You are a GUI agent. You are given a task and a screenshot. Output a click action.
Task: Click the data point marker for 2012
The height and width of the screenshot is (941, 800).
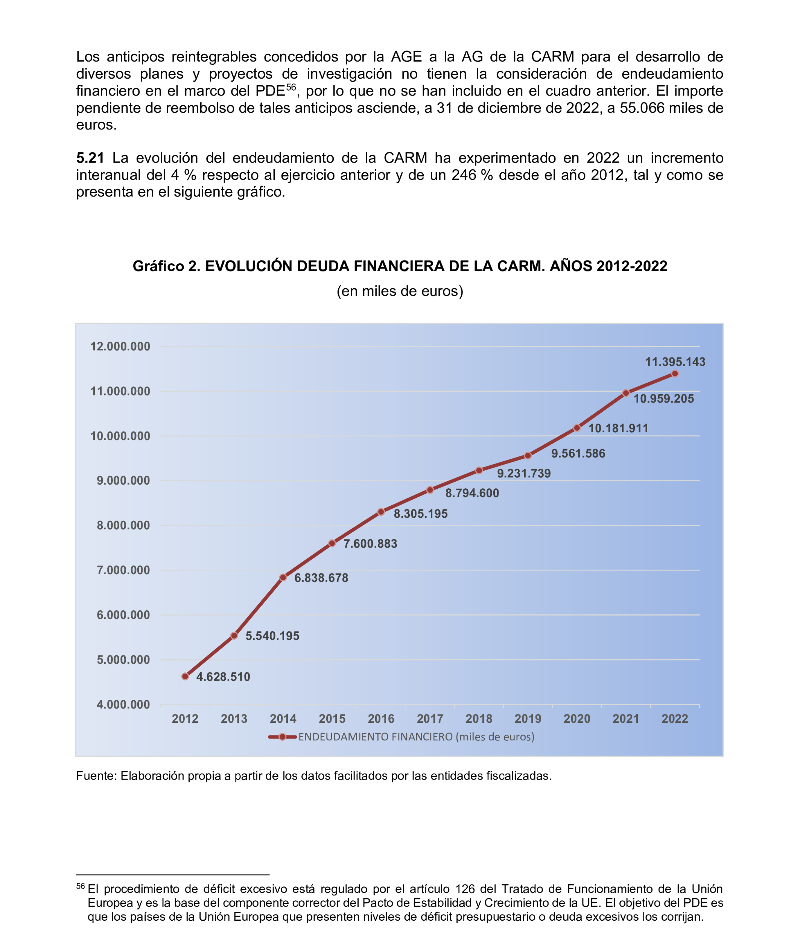[185, 676]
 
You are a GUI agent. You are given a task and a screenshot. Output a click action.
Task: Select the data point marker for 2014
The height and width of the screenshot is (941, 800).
[283, 577]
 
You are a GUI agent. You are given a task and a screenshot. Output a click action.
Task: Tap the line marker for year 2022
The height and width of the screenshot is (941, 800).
[675, 373]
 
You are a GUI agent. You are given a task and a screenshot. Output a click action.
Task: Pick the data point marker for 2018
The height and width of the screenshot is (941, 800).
[479, 470]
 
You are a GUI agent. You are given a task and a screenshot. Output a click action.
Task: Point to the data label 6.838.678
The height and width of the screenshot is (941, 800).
[321, 578]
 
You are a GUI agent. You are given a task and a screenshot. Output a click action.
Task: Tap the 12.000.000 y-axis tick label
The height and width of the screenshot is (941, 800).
[120, 347]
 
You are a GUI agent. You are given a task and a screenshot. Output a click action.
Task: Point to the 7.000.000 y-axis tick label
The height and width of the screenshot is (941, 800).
[123, 570]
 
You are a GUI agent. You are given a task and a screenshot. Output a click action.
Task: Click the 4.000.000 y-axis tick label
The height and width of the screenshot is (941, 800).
[123, 704]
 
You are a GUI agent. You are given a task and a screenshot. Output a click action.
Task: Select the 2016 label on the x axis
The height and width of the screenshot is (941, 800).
[381, 718]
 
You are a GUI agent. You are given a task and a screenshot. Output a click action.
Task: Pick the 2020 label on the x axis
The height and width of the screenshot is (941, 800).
[577, 718]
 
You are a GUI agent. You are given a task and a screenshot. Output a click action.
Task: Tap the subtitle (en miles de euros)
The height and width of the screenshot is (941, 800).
[400, 291]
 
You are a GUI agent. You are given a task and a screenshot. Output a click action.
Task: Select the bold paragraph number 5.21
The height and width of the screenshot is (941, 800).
[90, 158]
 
